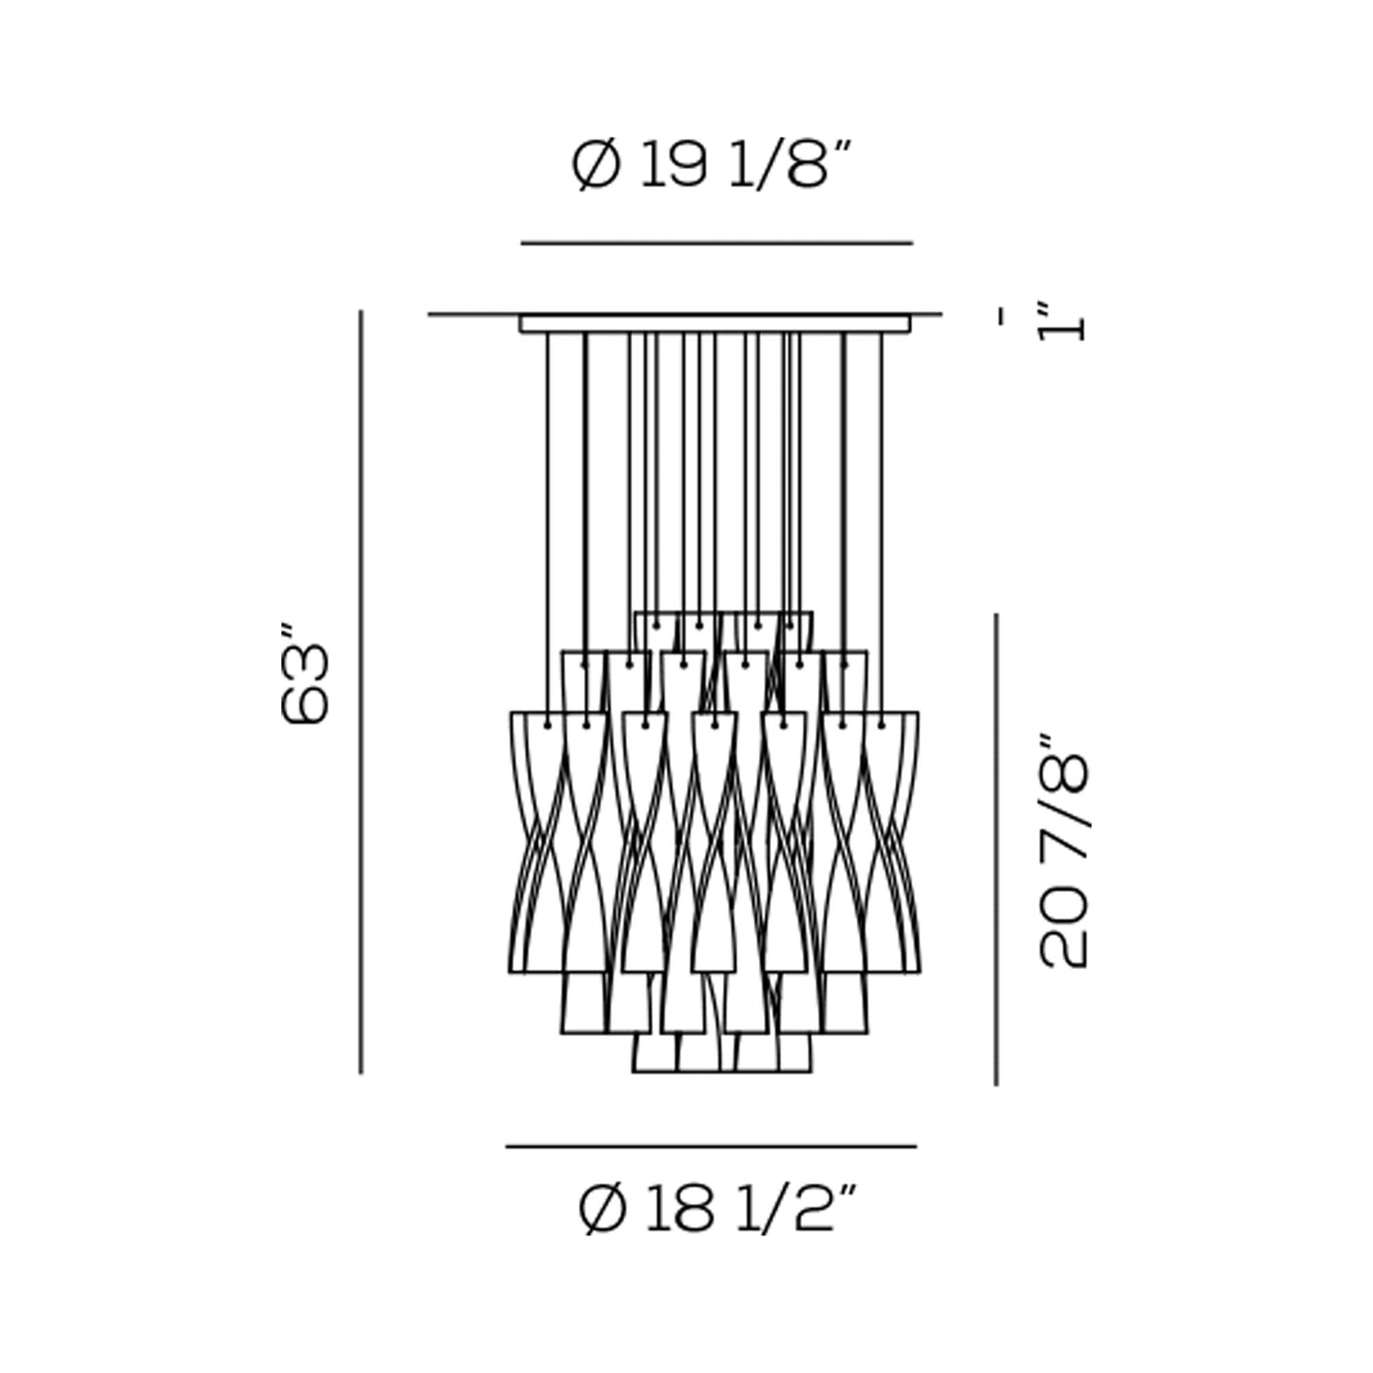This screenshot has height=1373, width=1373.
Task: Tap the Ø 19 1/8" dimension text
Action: [712, 165]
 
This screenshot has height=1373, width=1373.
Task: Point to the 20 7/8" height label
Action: [1064, 851]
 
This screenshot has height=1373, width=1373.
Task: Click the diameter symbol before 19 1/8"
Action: [597, 165]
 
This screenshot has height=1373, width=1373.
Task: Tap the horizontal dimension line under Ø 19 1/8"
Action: [716, 243]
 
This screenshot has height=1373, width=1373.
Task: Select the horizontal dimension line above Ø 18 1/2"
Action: [711, 1147]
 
